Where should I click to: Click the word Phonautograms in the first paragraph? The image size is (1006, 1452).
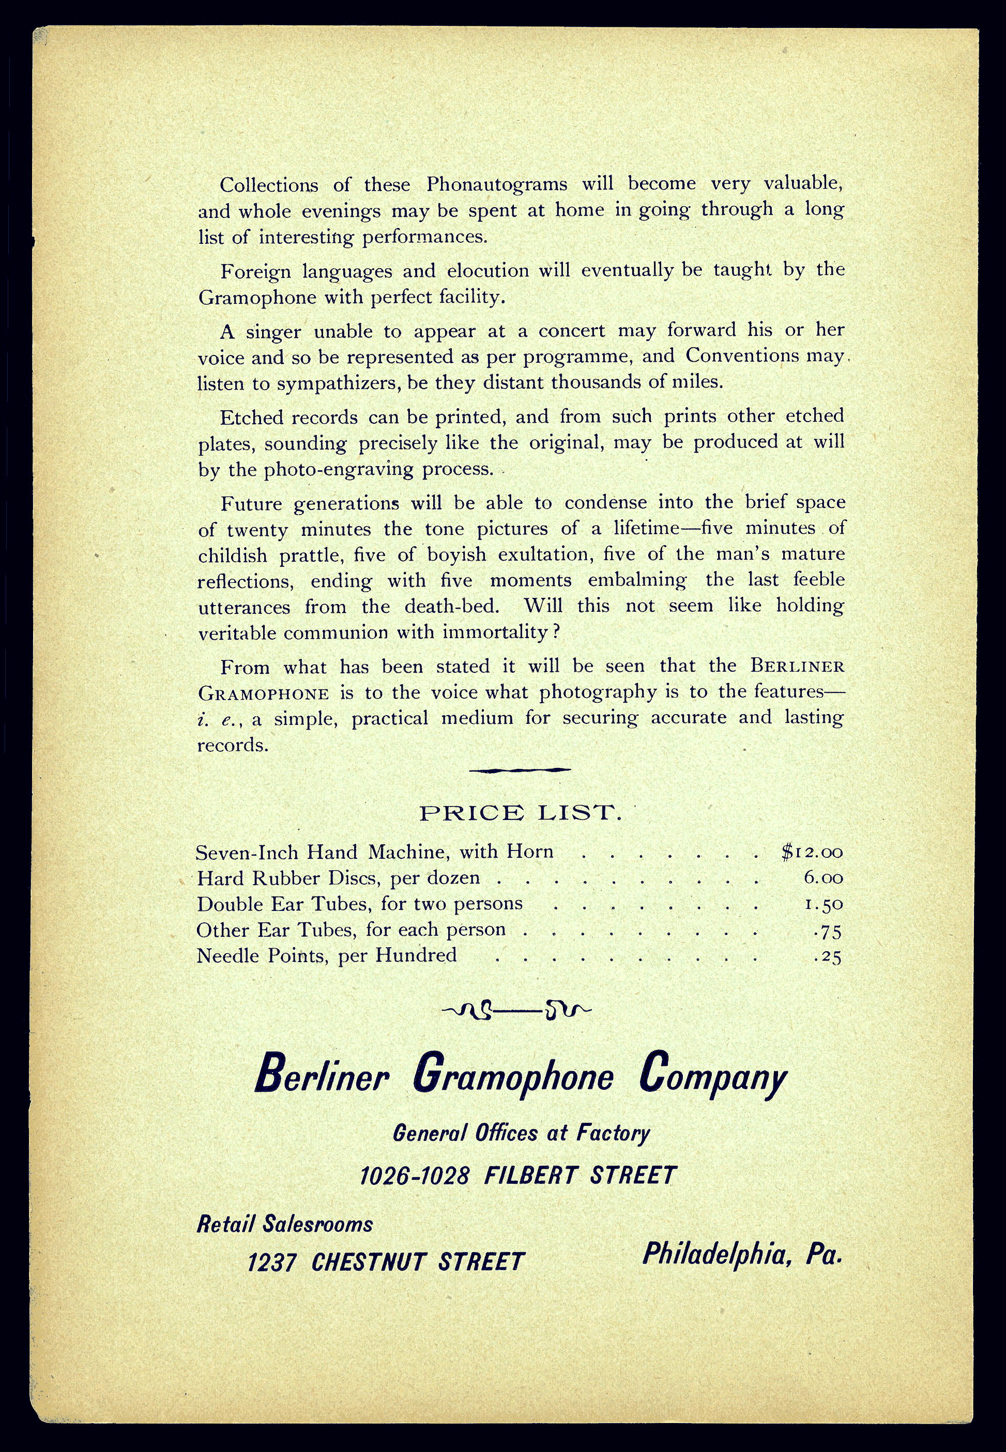(x=497, y=184)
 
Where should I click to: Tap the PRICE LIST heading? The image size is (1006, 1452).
(x=521, y=813)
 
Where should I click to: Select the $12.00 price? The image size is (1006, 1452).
(x=812, y=852)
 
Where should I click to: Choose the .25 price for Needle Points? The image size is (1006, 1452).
(x=828, y=957)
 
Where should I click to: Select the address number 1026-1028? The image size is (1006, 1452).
(x=415, y=1176)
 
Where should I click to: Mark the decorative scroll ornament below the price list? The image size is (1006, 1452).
(x=517, y=1011)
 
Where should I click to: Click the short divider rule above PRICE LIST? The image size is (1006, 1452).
(x=520, y=770)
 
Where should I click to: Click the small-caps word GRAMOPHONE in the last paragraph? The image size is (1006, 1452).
(x=264, y=693)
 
